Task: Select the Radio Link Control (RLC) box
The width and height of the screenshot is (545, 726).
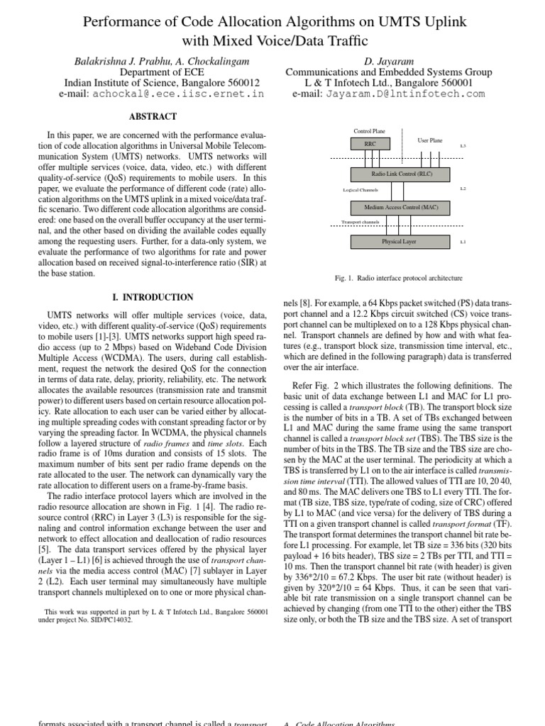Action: (x=402, y=173)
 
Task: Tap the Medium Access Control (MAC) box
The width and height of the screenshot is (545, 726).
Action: (x=402, y=207)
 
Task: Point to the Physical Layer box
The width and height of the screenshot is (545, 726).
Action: (x=402, y=242)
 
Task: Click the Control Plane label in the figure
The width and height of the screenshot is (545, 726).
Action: (x=369, y=131)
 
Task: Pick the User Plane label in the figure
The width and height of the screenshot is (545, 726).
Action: (x=430, y=140)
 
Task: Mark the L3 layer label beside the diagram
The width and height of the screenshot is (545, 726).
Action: (x=463, y=145)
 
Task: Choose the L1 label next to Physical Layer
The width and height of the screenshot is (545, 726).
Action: (x=463, y=242)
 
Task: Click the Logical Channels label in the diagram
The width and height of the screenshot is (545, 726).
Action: (x=360, y=190)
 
